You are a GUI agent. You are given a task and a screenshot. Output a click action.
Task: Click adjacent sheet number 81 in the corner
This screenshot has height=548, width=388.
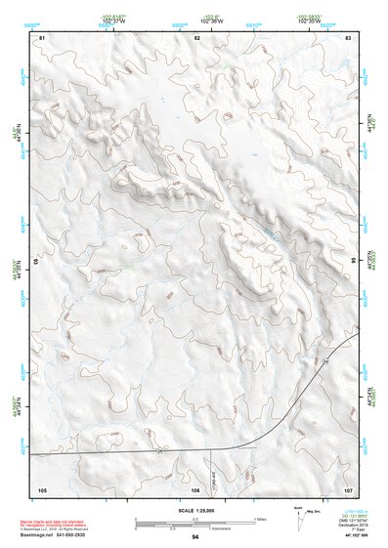pyautogui.click(x=41, y=36)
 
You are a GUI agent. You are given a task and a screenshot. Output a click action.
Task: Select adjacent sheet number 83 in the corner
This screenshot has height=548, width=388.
pyautogui.click(x=349, y=36)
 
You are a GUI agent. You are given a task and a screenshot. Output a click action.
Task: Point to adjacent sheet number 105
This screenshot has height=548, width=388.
pyautogui.click(x=42, y=487)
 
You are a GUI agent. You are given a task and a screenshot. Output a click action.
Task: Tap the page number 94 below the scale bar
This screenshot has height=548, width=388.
pyautogui.click(x=195, y=537)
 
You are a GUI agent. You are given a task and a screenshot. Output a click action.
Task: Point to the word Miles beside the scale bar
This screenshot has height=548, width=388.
pyautogui.click(x=260, y=519)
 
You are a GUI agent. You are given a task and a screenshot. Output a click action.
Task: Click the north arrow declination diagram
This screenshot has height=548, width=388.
pyautogui.click(x=297, y=514)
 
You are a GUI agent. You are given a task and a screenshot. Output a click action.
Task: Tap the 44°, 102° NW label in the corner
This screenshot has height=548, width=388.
pyautogui.click(x=357, y=537)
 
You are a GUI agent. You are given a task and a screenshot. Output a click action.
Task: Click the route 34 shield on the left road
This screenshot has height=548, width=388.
pyautogui.click(x=158, y=450)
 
